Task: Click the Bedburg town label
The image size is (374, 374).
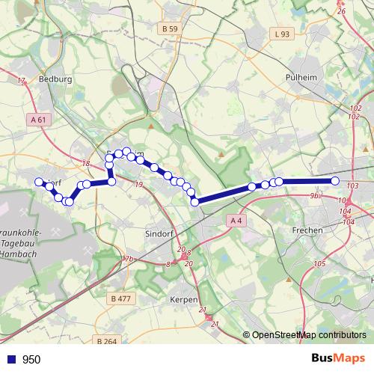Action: (53, 79)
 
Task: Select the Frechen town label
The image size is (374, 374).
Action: (307, 230)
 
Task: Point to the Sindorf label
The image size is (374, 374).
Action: (158, 233)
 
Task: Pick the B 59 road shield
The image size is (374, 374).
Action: (170, 29)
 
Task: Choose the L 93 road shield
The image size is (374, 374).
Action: (281, 34)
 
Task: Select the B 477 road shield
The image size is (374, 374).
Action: (120, 298)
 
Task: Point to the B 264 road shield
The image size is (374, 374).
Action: (108, 341)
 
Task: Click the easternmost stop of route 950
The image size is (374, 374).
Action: (335, 181)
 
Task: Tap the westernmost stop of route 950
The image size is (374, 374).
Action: (39, 181)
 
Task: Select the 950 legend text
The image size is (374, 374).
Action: (32, 360)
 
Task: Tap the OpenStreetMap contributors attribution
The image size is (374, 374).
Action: (309, 335)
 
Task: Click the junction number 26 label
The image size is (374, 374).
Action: (342, 11)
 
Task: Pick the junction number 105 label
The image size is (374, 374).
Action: (320, 263)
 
